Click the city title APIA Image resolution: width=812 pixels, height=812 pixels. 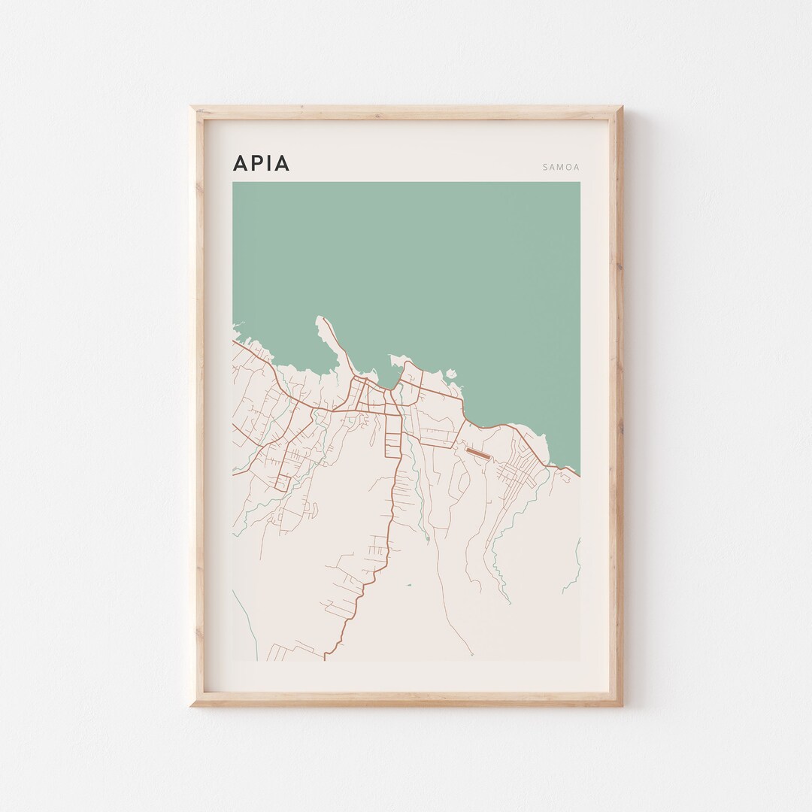[261, 163]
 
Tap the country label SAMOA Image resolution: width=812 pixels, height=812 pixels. [561, 168]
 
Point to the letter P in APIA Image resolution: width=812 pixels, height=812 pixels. [256, 163]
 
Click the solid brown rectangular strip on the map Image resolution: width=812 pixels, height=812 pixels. [477, 454]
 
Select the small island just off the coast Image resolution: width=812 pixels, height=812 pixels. [451, 373]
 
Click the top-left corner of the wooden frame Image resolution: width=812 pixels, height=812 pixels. [192, 108]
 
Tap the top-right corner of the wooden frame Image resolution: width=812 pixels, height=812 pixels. [621, 108]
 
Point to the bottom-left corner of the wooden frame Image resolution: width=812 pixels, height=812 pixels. [192, 705]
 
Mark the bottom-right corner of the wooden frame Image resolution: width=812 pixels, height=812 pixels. [621, 705]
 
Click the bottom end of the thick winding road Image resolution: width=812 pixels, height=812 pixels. [325, 659]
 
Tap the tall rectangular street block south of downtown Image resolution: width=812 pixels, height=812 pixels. [393, 436]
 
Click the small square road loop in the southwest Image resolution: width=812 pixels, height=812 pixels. [282, 483]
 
